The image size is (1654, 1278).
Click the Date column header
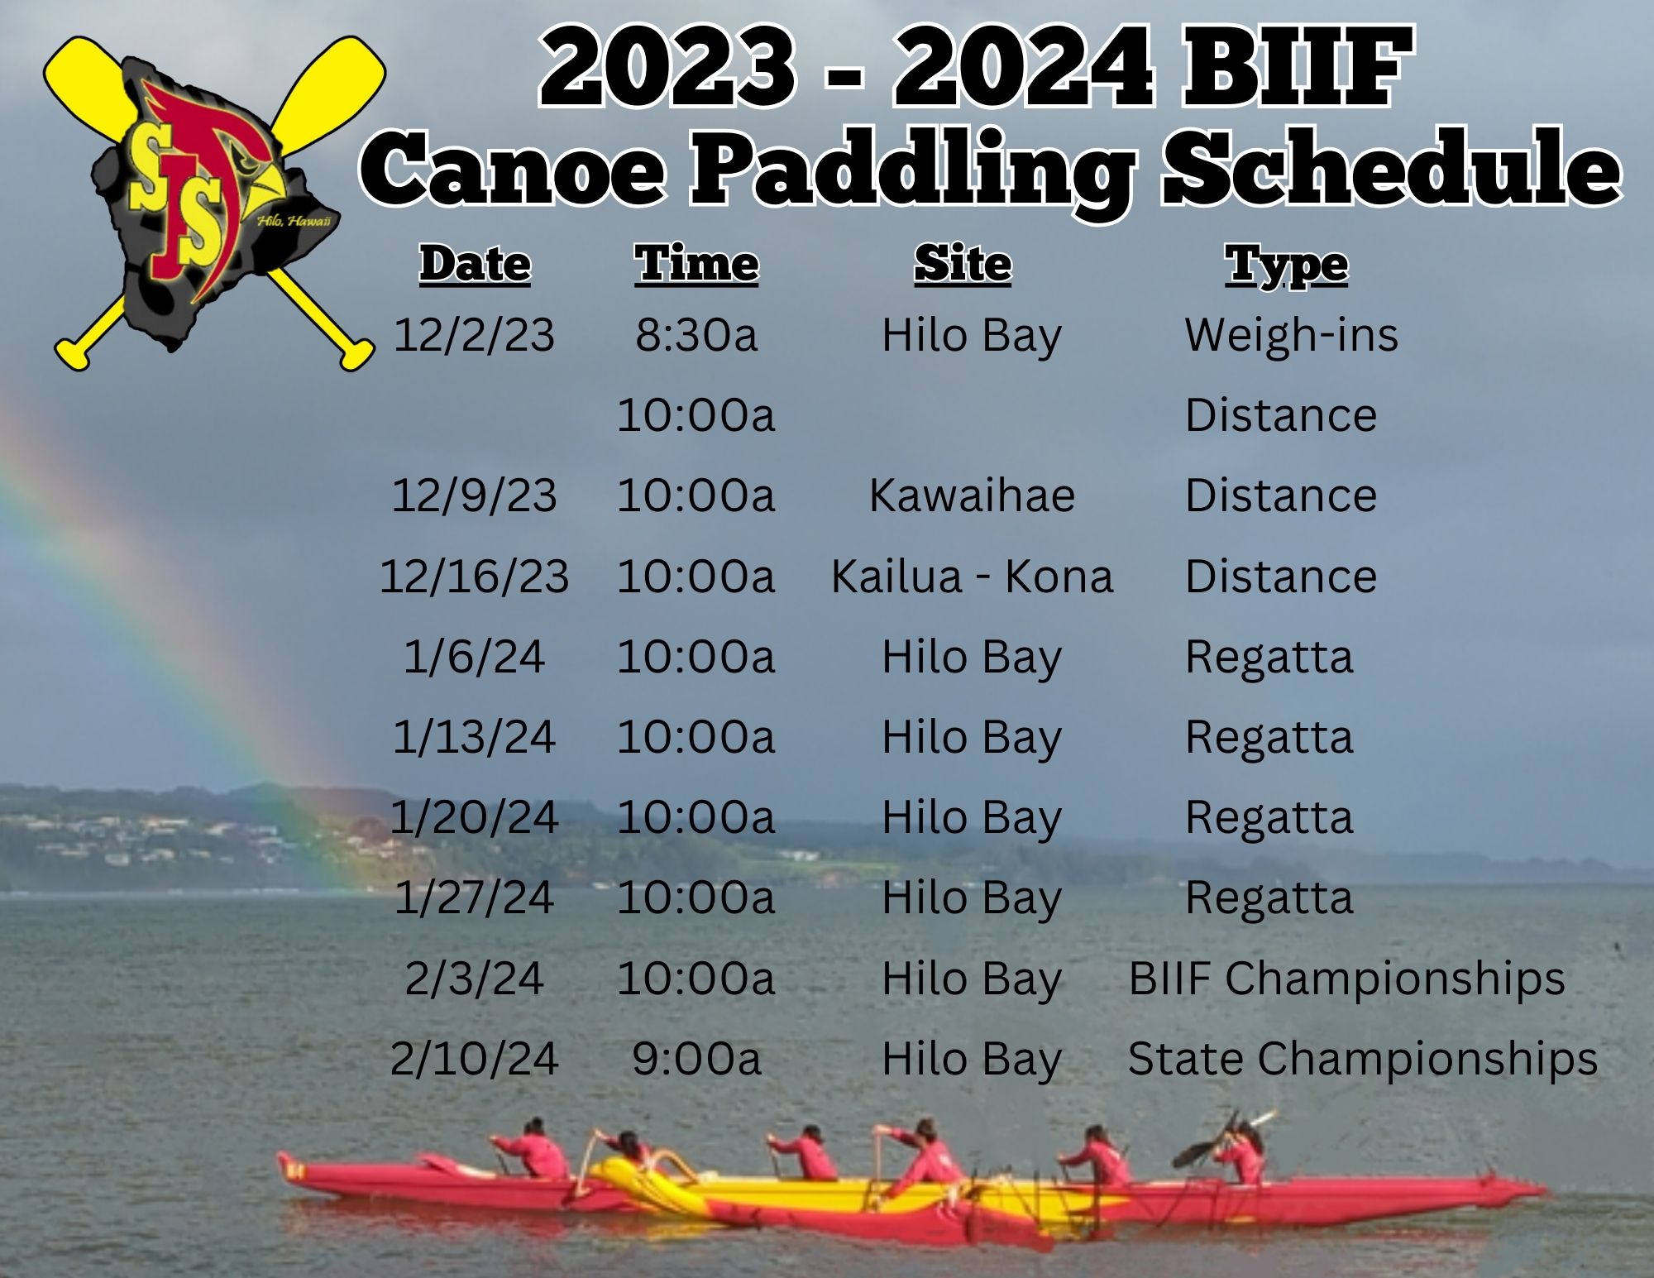pos(475,265)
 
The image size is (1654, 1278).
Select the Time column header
pos(696,265)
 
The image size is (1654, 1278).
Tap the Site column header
pos(963,265)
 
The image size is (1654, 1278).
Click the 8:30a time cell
pos(696,335)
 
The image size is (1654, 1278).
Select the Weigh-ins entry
pos(1291,335)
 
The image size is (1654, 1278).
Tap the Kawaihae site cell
pos(972,495)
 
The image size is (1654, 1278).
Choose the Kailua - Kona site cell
pos(972,576)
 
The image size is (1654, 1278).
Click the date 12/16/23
pos(475,577)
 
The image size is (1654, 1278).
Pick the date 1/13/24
pos(474,737)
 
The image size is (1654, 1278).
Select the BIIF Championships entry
pos(1346,979)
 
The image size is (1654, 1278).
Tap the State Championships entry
pos(1362,1059)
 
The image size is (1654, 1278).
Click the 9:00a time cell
pos(696,1059)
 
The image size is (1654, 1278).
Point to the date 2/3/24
pos(474,979)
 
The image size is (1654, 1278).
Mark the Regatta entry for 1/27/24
pos(1269,898)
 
